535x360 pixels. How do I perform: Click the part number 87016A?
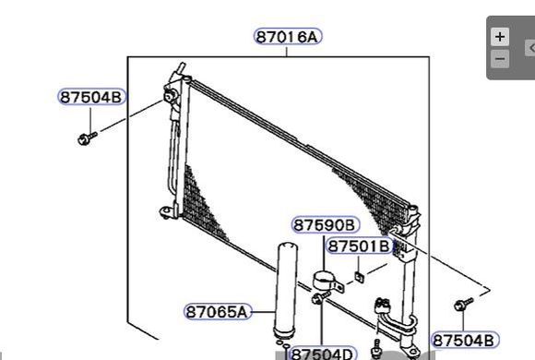click(288, 37)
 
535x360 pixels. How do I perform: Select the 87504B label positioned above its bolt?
click(91, 97)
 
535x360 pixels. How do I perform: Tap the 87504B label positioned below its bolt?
click(465, 341)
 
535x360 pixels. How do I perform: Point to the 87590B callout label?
click(326, 225)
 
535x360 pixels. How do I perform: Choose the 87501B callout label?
click(359, 246)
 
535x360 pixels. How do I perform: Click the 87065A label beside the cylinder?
click(218, 311)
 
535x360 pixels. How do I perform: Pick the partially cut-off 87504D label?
click(323, 354)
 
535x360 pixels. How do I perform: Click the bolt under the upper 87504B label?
click(88, 138)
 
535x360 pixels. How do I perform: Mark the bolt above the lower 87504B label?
click(464, 304)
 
